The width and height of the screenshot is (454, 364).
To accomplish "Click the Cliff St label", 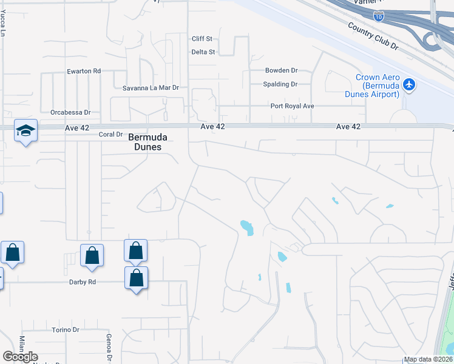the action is (202, 39).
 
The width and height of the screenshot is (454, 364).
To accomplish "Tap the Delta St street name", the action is (203, 52).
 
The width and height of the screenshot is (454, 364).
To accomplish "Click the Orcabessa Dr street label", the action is (70, 112).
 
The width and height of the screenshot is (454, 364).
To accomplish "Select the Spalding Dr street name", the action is (280, 84).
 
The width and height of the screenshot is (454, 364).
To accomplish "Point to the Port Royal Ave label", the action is (292, 106).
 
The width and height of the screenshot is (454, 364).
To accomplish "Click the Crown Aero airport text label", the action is (378, 86).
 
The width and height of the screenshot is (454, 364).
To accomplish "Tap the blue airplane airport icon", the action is (409, 84).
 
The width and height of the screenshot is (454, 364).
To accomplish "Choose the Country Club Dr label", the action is (371, 36).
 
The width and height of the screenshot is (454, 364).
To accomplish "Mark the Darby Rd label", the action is (83, 282).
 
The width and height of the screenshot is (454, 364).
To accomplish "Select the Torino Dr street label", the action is (66, 330).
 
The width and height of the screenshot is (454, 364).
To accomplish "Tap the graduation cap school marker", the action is (25, 130).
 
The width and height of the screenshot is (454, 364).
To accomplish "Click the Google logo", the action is (20, 357).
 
